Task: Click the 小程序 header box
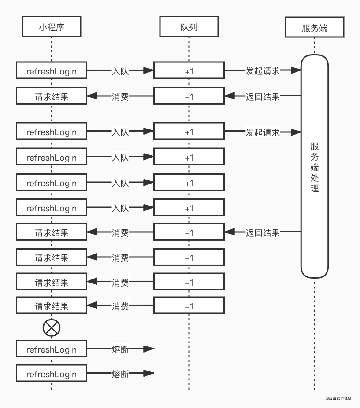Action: point(52,27)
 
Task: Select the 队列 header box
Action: point(189,27)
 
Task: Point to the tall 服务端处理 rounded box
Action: point(315,166)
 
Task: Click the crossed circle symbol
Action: point(52,327)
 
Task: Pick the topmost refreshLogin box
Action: point(52,71)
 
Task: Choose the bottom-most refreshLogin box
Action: point(52,374)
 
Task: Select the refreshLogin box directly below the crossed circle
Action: point(52,349)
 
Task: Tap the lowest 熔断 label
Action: point(120,374)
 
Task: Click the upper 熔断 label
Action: point(120,349)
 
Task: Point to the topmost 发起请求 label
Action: point(263,71)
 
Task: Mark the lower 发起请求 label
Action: point(263,132)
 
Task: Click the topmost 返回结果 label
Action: point(263,96)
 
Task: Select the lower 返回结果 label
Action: point(263,233)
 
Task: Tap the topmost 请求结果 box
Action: point(52,96)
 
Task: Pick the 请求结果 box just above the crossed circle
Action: point(52,306)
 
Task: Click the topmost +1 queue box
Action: point(189,71)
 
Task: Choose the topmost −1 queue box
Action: point(189,96)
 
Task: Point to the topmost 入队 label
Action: point(120,71)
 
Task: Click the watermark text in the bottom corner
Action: point(339,398)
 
